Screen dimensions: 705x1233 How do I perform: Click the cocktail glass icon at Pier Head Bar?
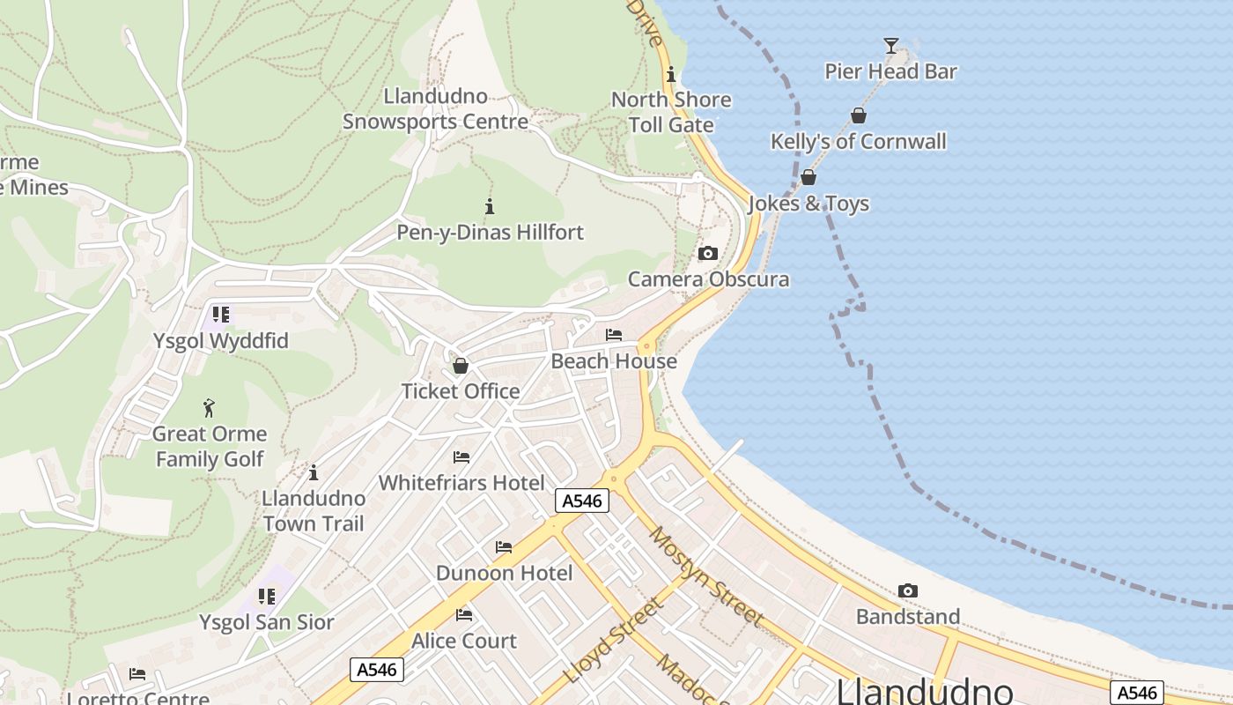pos(890,45)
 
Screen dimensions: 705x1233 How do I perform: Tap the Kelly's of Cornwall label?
pos(858,142)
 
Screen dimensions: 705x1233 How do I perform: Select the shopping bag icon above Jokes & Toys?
pos(808,178)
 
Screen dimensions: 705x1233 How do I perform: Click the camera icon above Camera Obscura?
pos(707,254)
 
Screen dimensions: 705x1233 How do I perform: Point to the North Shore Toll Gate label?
pos(671,112)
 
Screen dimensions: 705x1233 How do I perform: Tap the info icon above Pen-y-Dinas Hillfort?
pos(490,207)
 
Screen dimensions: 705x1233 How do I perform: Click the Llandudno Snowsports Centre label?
pos(435,108)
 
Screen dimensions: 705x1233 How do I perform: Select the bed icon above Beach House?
pos(614,335)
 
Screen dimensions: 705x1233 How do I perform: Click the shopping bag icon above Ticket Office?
pos(460,366)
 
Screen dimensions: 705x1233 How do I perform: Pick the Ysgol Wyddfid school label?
pos(221,341)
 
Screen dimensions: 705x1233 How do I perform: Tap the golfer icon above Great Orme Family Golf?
pos(209,408)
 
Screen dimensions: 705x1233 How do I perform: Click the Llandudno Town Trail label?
pos(313,511)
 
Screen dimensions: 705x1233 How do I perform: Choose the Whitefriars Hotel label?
pos(461,483)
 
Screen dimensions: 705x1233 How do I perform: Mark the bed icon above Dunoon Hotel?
pos(504,547)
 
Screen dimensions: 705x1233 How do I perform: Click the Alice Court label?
pos(464,641)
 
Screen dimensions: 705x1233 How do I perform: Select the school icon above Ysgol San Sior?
pos(266,597)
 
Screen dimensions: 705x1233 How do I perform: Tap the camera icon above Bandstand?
pos(907,590)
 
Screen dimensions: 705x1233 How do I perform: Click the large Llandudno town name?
pos(924,690)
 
